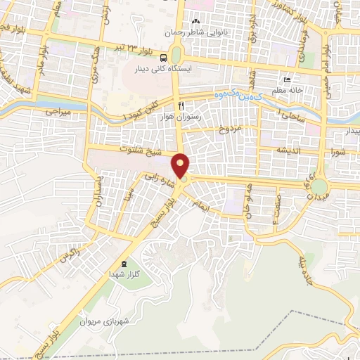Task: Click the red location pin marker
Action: click(x=181, y=166)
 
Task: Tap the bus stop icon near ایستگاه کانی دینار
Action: click(x=163, y=58)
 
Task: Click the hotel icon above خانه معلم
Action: click(x=286, y=79)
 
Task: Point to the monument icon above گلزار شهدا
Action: click(x=124, y=263)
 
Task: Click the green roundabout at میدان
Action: click(x=321, y=187)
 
